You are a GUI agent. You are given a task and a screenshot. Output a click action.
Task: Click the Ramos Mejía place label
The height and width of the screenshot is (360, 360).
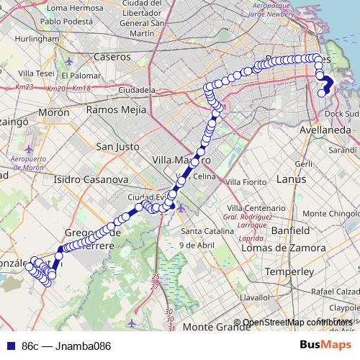116,110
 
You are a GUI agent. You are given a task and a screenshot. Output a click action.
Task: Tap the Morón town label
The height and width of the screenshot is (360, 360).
54,113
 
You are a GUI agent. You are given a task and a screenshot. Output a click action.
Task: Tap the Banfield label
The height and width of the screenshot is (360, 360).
294,230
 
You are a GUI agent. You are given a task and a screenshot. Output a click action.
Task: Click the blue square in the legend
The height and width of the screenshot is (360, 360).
9,346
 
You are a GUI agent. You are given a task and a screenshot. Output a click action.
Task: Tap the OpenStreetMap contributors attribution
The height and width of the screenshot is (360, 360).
295,322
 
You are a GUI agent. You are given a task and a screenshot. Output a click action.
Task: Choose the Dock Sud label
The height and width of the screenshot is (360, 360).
341,114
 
